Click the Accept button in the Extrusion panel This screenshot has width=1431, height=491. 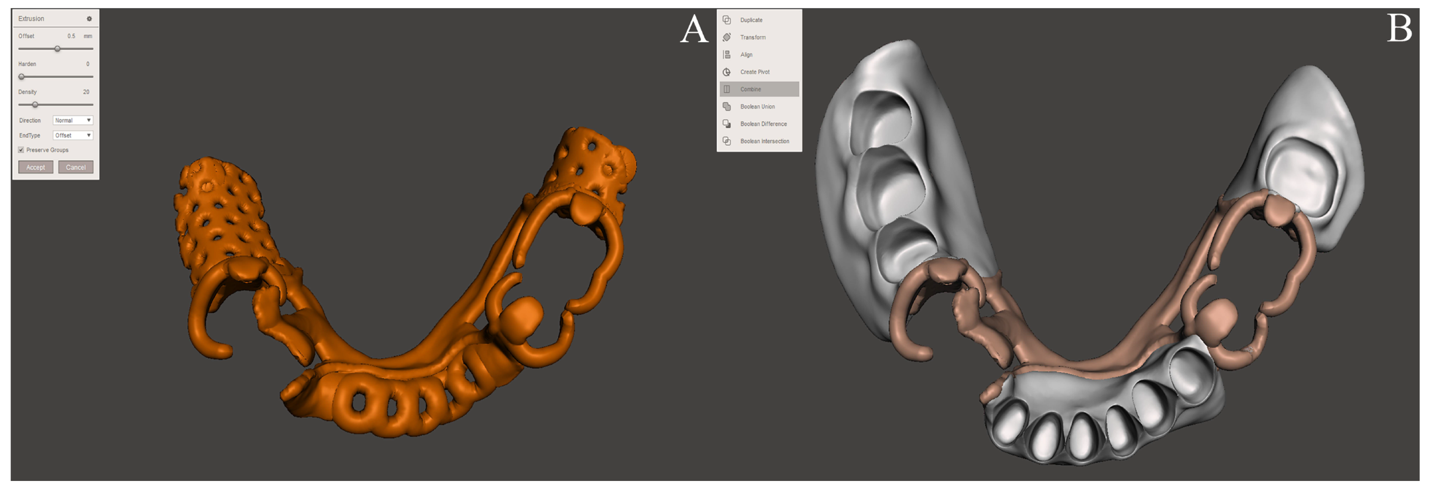point(36,167)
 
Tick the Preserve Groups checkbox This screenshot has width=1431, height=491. point(21,150)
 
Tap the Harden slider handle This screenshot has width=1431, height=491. point(22,77)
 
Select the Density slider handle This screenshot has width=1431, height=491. point(35,105)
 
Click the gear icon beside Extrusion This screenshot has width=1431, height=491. point(89,19)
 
